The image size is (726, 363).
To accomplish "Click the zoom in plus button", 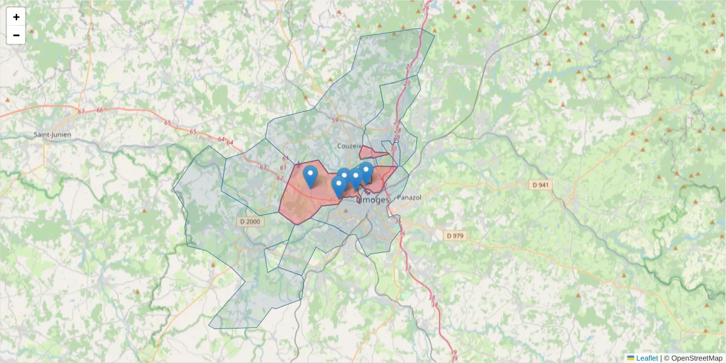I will pyautogui.click(x=16, y=17).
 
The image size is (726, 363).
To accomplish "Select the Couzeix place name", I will pyautogui.click(x=350, y=146).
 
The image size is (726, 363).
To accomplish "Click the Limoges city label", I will pyautogui.click(x=373, y=199).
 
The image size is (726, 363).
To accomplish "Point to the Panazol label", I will pyautogui.click(x=409, y=197).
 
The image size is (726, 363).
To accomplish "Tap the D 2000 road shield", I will pyautogui.click(x=250, y=222).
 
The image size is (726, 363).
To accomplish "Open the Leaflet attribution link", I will pyautogui.click(x=647, y=358).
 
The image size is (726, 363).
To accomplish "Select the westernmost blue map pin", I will pyautogui.click(x=310, y=176).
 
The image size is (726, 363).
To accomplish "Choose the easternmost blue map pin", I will pyautogui.click(x=366, y=172).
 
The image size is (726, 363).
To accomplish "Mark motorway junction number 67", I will pyautogui.click(x=81, y=112).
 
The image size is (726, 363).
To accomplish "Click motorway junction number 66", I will pyautogui.click(x=100, y=110).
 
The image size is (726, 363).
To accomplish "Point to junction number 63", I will pyautogui.click(x=263, y=168).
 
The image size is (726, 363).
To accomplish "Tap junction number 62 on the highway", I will pyautogui.click(x=280, y=178).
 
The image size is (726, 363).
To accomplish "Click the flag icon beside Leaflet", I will pyautogui.click(x=630, y=358).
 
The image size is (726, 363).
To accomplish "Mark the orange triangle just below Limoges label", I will pyautogui.click(x=345, y=211).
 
